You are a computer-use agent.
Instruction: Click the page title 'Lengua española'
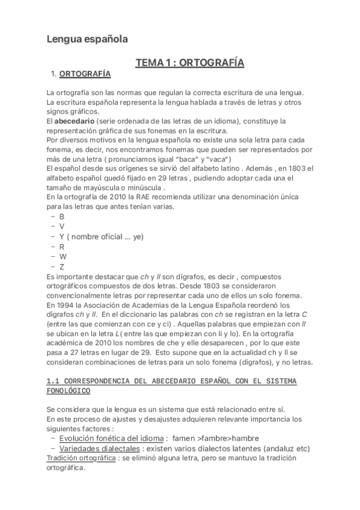pos(87,39)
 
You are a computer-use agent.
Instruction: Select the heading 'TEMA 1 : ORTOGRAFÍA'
pos(189,63)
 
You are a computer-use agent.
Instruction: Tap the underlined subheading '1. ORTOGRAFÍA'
pos(81,74)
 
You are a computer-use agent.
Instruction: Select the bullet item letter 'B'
pos(62,217)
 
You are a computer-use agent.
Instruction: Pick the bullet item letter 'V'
pos(62,226)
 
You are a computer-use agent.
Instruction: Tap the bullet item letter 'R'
pos(62,246)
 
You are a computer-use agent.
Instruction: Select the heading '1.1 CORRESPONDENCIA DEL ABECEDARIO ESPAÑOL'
pos(171,382)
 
